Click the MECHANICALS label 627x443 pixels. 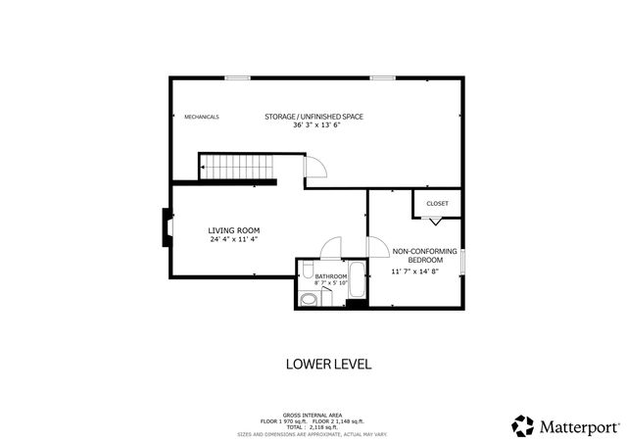[x=202, y=117]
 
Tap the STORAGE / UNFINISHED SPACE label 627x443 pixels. [x=313, y=117]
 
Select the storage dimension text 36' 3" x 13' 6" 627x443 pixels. [x=313, y=125]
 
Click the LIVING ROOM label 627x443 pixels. [x=233, y=230]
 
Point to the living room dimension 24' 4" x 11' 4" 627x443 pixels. [x=233, y=239]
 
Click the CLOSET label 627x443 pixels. [x=437, y=203]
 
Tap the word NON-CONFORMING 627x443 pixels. [x=424, y=251]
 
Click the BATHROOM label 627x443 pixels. [x=331, y=276]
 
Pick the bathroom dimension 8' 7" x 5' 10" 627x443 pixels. [x=331, y=283]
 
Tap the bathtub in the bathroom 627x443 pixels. [x=357, y=280]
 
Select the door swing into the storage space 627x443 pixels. [x=315, y=169]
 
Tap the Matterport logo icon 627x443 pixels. [x=523, y=425]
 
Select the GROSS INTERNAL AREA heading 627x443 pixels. [x=314, y=416]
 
